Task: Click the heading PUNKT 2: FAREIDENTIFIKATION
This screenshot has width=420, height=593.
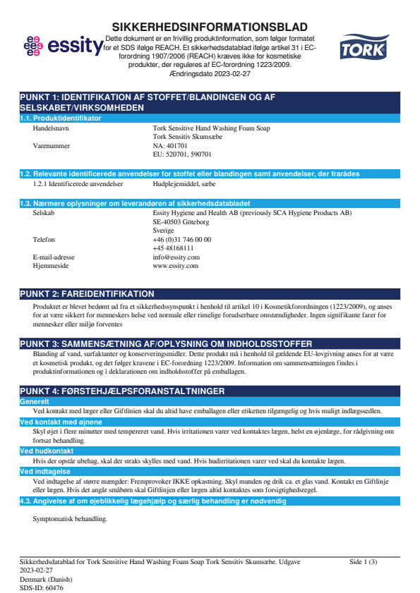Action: point(88,293)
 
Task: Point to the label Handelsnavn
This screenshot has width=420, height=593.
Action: point(52,128)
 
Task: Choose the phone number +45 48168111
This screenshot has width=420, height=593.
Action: point(174,248)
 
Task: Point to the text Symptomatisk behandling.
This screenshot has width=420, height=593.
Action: point(70,518)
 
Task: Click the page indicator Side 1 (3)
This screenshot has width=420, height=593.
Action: point(364,562)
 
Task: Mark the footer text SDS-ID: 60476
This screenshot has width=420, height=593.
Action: point(42,587)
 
